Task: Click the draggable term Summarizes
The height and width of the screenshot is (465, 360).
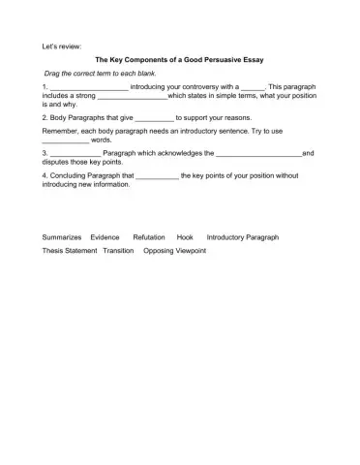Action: [x=62, y=236]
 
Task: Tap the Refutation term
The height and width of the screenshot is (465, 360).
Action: [x=149, y=236]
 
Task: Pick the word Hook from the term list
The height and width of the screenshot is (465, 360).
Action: [x=185, y=236]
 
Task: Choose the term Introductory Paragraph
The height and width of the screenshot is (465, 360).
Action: [x=243, y=236]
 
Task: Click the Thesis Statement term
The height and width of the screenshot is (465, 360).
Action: [x=70, y=250]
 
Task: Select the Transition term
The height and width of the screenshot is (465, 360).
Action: [x=118, y=250]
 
